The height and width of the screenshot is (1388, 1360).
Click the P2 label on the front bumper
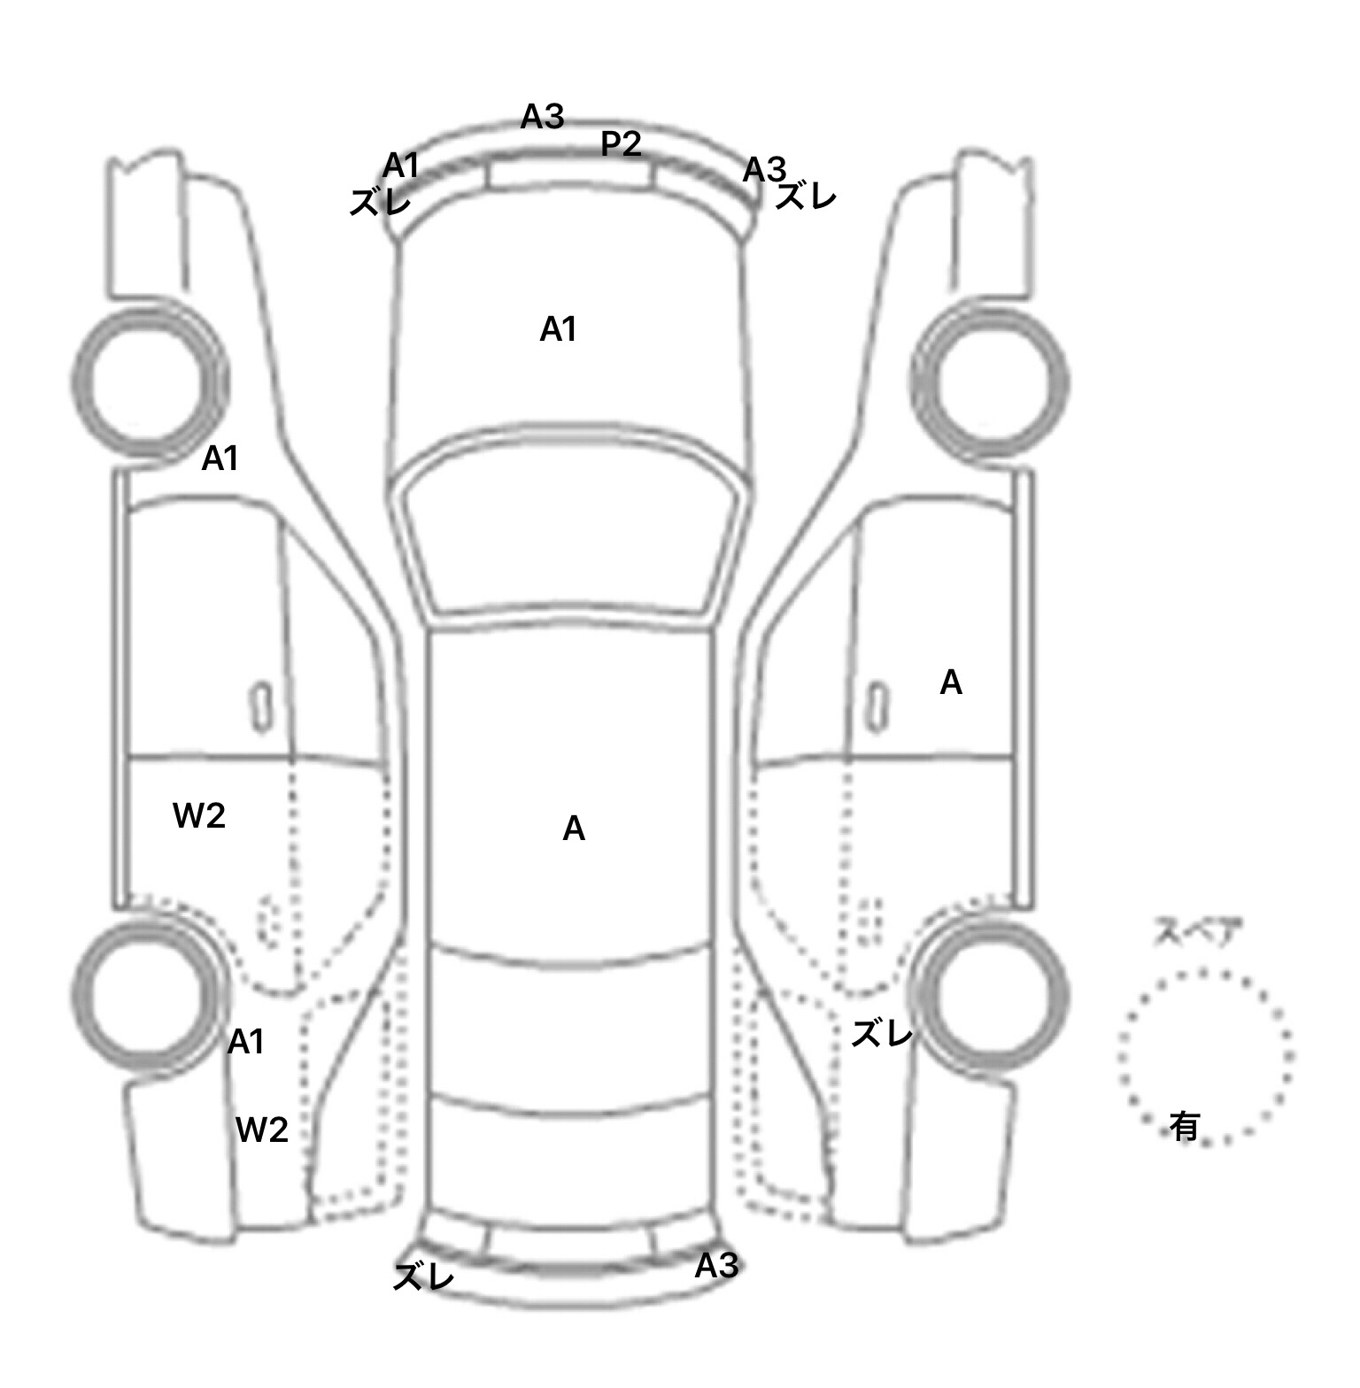621,143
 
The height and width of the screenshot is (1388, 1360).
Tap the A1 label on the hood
558,329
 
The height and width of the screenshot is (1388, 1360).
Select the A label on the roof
574,829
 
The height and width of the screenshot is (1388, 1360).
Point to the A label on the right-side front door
950,682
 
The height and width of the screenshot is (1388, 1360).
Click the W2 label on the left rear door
199,815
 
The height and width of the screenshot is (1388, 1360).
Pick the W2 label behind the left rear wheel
262,1130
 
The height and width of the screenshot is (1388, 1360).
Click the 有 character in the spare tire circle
1185,1126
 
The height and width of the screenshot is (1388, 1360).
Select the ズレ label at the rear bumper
423,1276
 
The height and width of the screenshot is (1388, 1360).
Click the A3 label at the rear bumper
715,1266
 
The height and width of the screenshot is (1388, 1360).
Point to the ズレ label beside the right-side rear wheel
881,1033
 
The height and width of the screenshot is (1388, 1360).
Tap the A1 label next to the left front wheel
220,459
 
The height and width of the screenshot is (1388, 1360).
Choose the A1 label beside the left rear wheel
245,1043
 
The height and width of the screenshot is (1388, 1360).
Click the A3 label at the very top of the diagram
542,116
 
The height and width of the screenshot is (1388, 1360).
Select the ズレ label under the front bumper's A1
380,203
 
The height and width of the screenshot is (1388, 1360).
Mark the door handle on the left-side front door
261,706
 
